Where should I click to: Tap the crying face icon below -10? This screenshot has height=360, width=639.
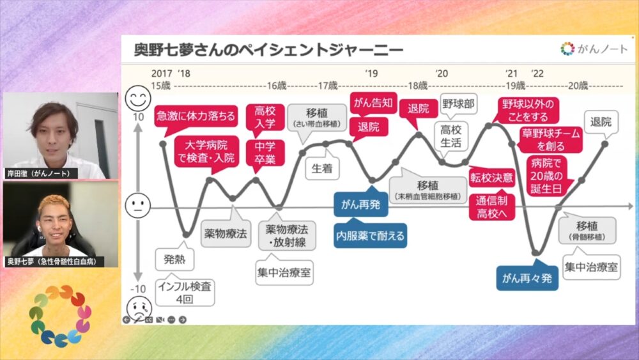pos(138,304)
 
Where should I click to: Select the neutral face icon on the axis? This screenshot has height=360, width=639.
pos(137,206)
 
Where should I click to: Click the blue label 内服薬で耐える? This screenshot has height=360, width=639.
pos(371,235)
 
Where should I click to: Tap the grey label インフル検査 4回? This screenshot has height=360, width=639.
pos(185,292)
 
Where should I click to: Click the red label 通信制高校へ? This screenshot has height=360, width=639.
pos(492,207)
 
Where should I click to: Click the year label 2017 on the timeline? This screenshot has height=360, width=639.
pos(162,74)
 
